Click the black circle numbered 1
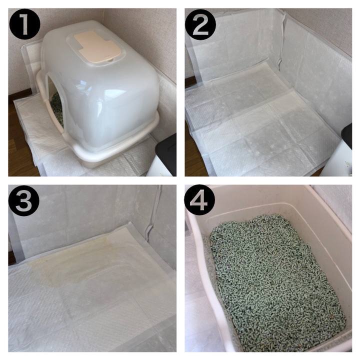click(24, 24)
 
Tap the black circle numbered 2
click(200, 24)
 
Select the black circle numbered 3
click(24, 200)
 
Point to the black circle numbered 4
click(199, 200)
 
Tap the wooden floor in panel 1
click(20, 138)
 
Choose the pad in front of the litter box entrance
click(39, 128)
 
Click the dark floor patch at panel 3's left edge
click(11, 255)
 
